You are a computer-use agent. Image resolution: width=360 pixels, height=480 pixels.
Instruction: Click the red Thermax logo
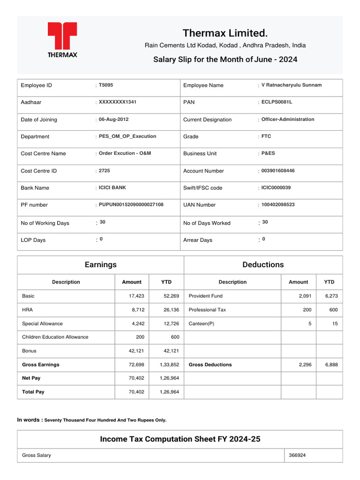pyautogui.click(x=62, y=39)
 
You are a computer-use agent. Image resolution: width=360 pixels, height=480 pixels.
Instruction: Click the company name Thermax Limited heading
pyautogui.click(x=225, y=33)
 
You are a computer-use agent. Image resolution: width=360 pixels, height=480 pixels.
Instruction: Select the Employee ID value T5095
pyautogui.click(x=106, y=85)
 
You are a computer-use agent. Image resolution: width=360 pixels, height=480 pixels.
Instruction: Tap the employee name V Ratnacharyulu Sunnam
pyautogui.click(x=291, y=85)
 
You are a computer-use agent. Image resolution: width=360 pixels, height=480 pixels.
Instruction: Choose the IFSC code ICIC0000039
pyautogui.click(x=276, y=187)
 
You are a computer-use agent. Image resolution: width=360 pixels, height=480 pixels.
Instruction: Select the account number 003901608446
pyautogui.click(x=278, y=171)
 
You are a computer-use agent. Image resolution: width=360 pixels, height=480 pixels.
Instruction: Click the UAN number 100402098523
pyautogui.click(x=278, y=204)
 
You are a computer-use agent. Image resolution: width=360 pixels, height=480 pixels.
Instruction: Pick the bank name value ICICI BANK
pyautogui.click(x=112, y=187)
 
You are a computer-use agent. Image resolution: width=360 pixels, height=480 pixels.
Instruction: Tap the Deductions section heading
pyautogui.click(x=263, y=264)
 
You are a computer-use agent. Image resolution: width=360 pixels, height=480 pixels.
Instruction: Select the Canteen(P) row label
pyautogui.click(x=202, y=323)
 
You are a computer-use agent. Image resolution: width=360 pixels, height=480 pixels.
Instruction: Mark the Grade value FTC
pyautogui.click(x=266, y=136)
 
